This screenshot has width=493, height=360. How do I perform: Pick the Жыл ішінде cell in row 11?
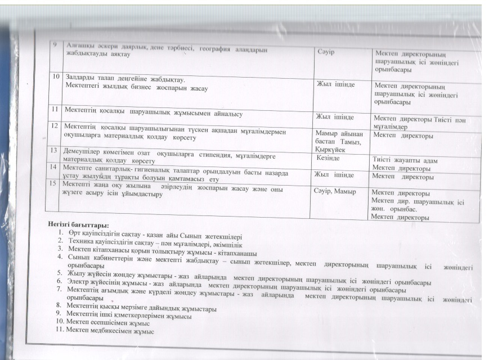[335, 116]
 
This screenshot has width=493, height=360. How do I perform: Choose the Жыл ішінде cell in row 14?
[336, 175]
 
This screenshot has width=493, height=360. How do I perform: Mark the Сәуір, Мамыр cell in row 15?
[335, 192]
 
